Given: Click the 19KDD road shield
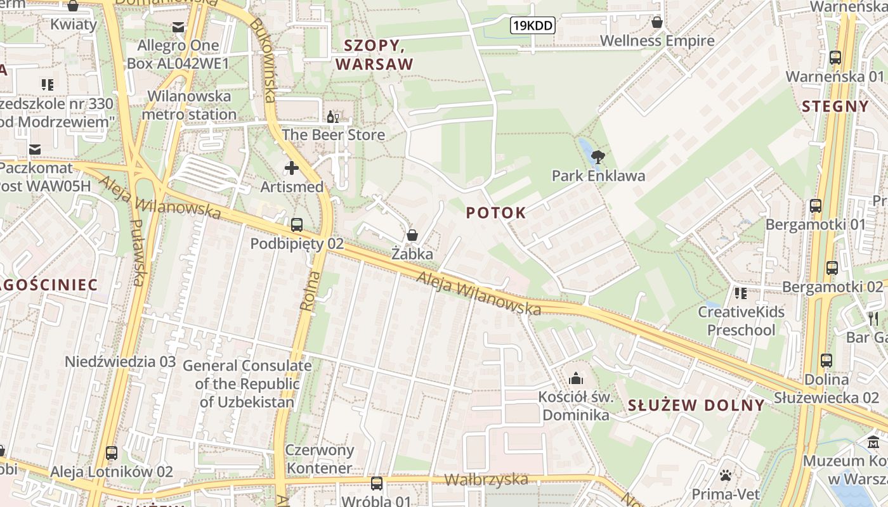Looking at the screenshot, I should (533, 25).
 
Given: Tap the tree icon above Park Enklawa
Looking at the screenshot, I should (597, 157).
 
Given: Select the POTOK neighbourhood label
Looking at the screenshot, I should (496, 213).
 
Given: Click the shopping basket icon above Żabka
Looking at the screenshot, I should (412, 235).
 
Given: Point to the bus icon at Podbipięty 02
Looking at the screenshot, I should (297, 224).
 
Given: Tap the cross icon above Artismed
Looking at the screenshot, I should (292, 168).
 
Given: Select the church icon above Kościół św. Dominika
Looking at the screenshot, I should (576, 378).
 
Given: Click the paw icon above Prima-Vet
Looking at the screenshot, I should (726, 475).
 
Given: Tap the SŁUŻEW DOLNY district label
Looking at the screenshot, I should (696, 406).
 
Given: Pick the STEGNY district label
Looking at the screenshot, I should (835, 106).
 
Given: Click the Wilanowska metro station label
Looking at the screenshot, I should (189, 105).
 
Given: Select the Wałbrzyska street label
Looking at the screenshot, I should (486, 479).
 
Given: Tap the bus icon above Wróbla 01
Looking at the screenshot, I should (377, 484).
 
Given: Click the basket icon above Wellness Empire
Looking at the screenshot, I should (657, 22).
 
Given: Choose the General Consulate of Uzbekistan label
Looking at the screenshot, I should (247, 383).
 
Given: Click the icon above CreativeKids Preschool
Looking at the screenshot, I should (740, 293).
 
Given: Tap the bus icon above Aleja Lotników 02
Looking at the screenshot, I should (112, 453).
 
